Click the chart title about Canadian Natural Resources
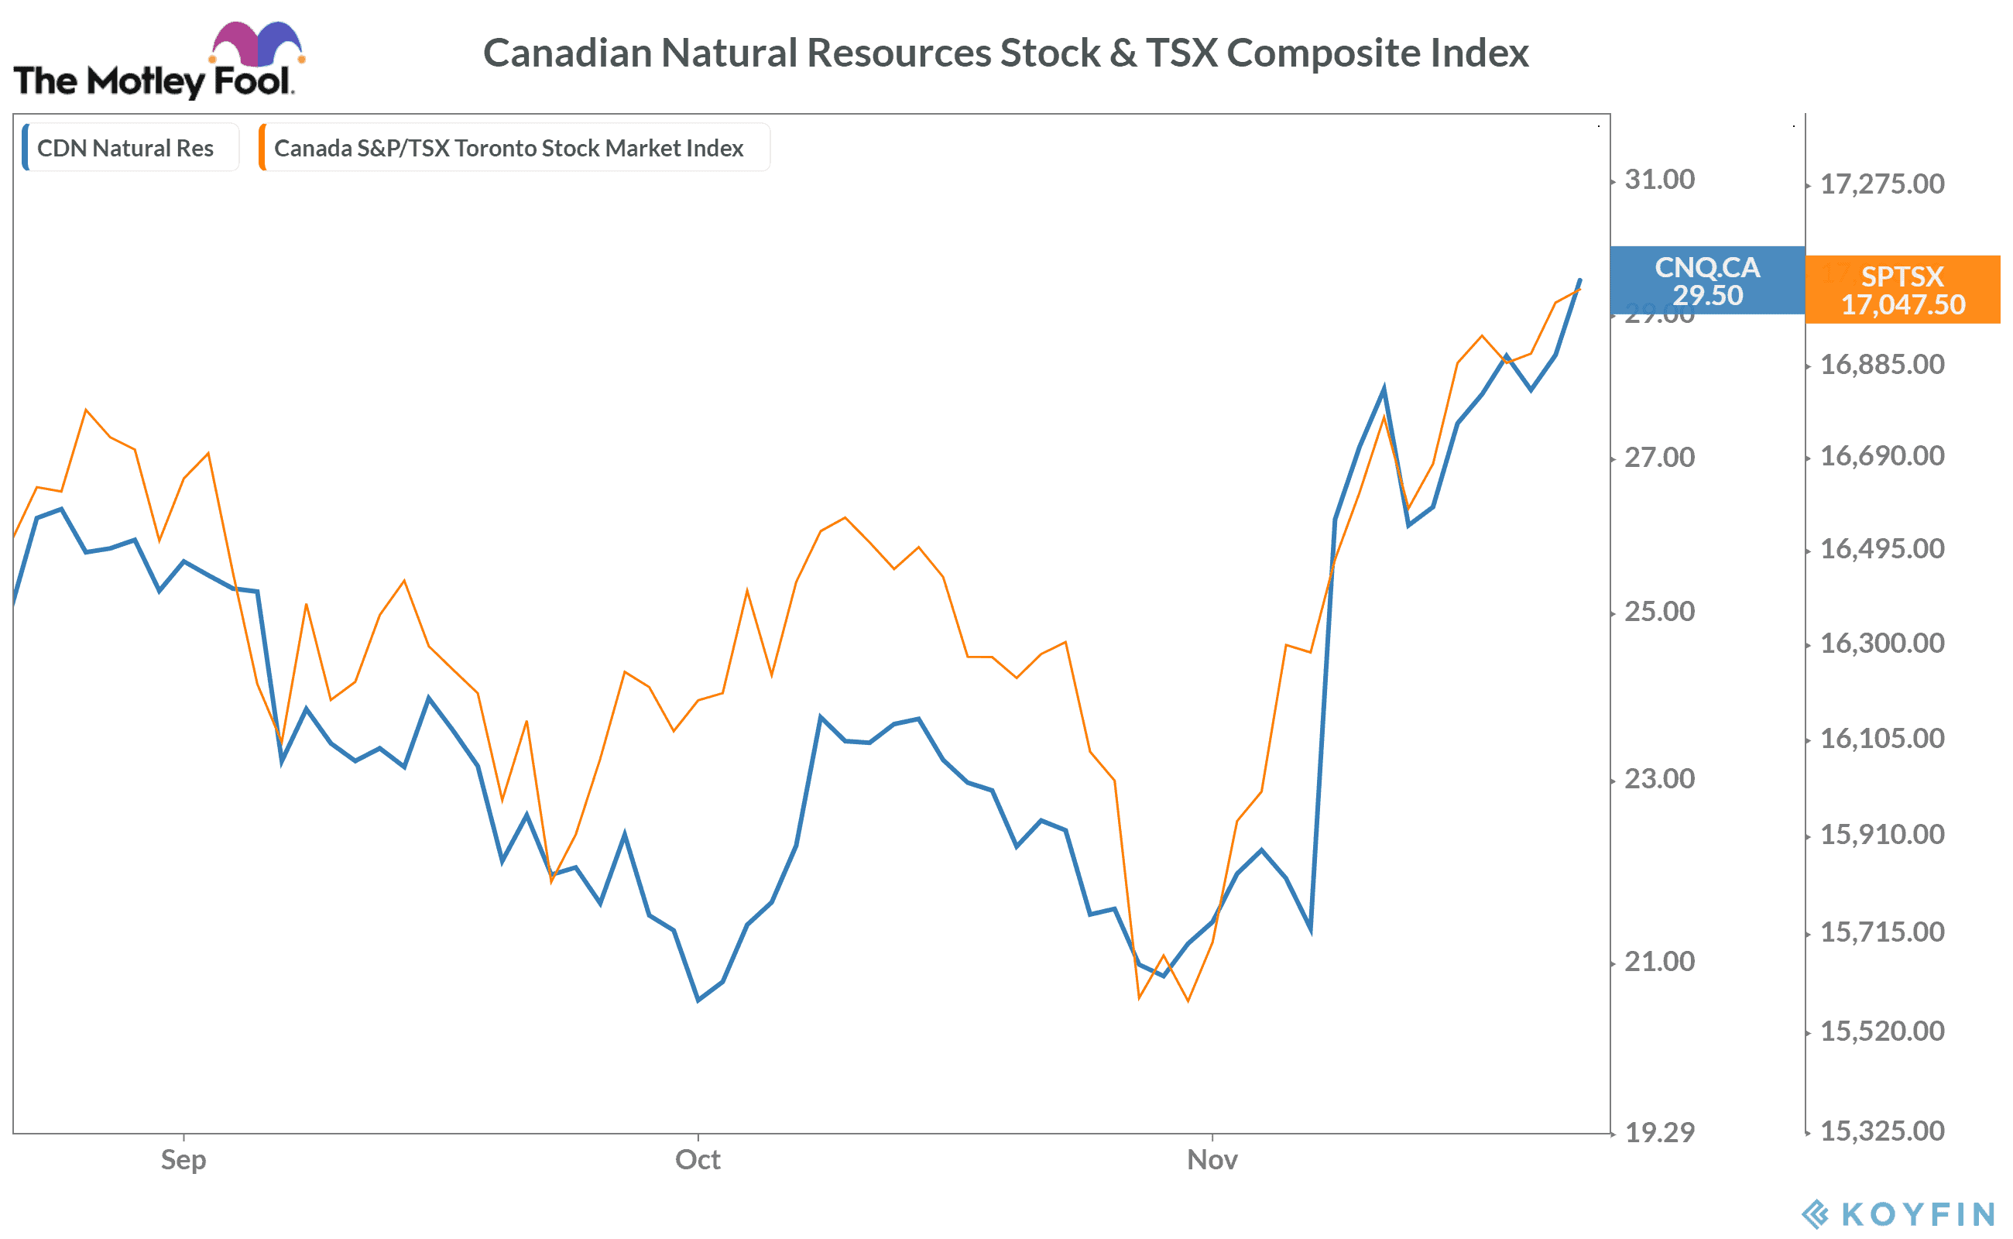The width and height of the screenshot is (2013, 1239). (x=1005, y=53)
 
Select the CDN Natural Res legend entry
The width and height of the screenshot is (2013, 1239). (x=125, y=149)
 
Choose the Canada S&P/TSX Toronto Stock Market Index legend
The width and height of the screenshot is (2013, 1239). (x=508, y=149)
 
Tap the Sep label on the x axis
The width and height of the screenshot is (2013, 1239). (x=183, y=1159)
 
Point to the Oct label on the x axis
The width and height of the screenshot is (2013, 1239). (x=698, y=1159)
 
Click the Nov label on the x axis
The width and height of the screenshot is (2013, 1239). (x=1212, y=1159)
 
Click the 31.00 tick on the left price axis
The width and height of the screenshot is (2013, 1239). (x=1659, y=180)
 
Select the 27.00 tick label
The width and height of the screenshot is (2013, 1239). (x=1659, y=457)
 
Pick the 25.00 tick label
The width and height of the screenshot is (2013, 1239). (x=1659, y=611)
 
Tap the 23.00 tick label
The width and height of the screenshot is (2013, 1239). (x=1659, y=778)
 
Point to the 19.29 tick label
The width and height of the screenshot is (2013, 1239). (x=1659, y=1132)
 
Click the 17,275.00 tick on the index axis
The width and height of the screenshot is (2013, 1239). (x=1881, y=184)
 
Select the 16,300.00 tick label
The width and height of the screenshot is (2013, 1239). (x=1881, y=644)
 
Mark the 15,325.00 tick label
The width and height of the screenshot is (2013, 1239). (x=1881, y=1131)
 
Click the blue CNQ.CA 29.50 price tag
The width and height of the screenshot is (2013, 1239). (x=1706, y=280)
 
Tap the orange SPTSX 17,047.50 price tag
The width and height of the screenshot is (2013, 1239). (x=1902, y=290)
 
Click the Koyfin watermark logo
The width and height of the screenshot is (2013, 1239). (x=1898, y=1213)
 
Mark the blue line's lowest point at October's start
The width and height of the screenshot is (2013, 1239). (x=698, y=1000)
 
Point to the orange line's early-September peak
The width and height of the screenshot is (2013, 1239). (x=86, y=410)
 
